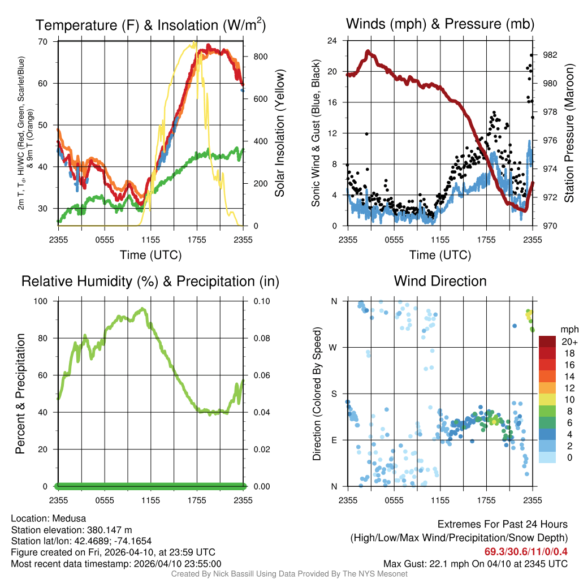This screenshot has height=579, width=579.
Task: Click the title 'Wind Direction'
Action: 440,281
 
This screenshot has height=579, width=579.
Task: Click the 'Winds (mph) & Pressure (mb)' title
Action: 440,24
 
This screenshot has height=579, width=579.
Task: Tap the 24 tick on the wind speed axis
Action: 332,41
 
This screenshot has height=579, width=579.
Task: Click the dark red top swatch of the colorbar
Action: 547,342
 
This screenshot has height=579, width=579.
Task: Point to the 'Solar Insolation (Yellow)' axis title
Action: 279,133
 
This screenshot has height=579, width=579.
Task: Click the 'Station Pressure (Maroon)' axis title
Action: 569,133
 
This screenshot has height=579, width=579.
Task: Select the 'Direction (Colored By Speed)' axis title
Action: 317,394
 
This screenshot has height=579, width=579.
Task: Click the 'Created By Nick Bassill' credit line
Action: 289,574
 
